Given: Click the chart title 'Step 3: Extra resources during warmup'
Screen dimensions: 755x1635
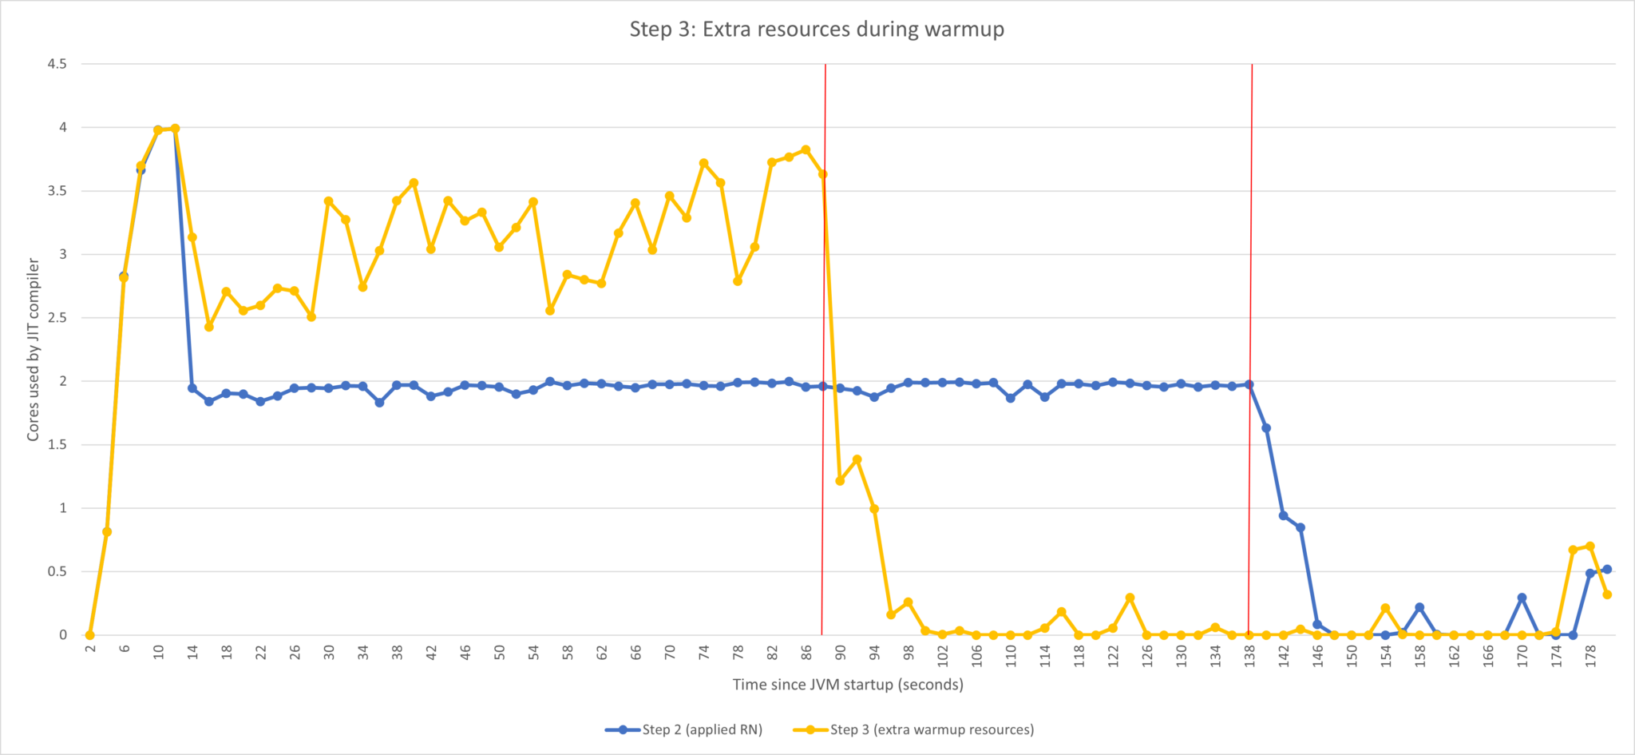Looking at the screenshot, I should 817,30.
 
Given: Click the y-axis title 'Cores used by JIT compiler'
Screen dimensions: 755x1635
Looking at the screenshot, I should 34,349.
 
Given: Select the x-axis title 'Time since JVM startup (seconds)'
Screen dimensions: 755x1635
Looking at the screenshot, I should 848,685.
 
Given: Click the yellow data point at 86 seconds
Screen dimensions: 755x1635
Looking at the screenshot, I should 806,149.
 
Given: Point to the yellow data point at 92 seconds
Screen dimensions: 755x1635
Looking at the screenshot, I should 857,459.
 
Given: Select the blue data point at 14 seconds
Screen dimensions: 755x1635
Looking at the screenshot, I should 192,388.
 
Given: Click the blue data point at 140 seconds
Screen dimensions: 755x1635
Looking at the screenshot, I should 1266,428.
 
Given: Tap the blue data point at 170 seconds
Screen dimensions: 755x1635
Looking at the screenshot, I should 1522,598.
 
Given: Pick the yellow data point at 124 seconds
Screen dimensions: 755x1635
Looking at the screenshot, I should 1130,598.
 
